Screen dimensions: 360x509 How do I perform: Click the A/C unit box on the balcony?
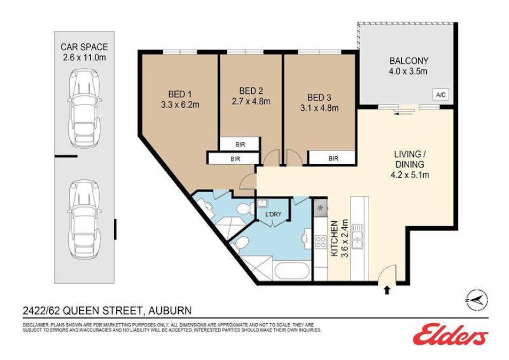click(x=441, y=95)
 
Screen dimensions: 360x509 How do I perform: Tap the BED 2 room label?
click(x=250, y=91)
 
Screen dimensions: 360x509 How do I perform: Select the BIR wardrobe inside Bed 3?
click(x=333, y=158)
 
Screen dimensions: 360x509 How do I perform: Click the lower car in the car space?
click(x=84, y=219)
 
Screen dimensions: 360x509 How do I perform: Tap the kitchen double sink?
click(x=360, y=236)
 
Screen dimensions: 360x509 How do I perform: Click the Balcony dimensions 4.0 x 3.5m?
click(x=409, y=71)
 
